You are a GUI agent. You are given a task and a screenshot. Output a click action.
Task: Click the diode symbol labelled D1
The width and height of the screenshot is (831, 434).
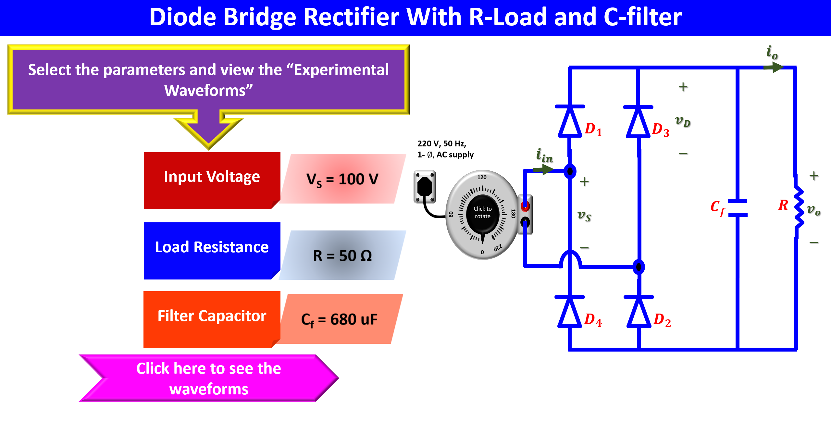[x=570, y=122]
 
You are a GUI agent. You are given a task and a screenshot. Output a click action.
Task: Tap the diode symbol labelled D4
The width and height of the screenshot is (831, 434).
[x=570, y=312]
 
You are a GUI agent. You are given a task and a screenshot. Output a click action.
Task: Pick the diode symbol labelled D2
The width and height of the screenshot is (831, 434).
[x=639, y=312]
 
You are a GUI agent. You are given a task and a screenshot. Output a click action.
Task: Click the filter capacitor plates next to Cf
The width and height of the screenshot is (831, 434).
[x=738, y=208]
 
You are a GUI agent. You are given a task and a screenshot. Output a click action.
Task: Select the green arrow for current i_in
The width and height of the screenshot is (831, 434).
[x=543, y=169]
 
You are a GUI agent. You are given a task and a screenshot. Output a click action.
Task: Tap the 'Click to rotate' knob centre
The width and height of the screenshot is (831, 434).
[x=482, y=213]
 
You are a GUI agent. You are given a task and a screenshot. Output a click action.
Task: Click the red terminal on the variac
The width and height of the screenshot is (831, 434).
[x=525, y=206]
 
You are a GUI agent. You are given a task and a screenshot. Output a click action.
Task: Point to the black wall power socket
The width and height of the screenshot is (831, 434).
[x=425, y=187]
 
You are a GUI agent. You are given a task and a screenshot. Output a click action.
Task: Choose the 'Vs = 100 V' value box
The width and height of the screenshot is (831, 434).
[x=343, y=179]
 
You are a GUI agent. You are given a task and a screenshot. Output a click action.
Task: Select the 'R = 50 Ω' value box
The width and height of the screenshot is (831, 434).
[x=343, y=255]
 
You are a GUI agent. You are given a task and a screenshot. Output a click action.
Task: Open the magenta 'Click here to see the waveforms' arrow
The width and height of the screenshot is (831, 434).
[x=208, y=378]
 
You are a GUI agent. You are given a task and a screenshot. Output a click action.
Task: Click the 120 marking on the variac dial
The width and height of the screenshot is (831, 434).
[x=482, y=177]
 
